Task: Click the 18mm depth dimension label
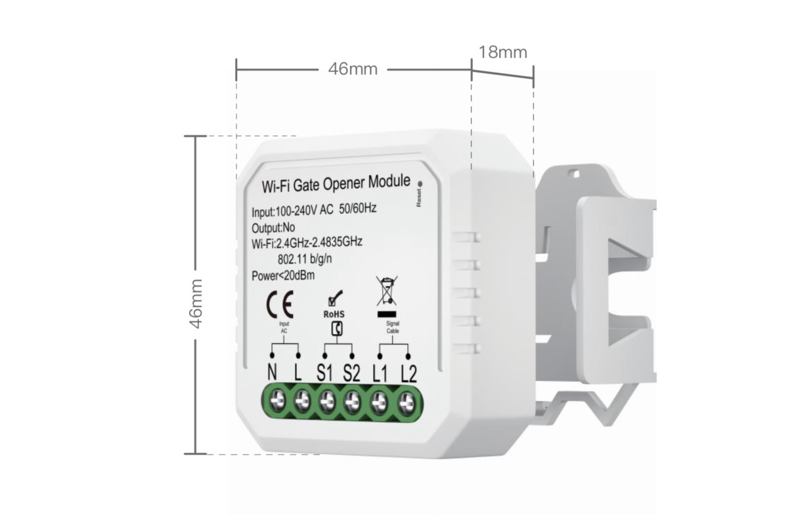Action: click(503, 52)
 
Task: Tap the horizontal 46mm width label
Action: click(353, 69)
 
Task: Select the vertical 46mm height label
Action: click(196, 303)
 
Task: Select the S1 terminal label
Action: click(324, 373)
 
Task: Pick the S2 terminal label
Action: click(352, 373)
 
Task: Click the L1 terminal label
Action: click(380, 373)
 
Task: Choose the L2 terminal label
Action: click(408, 373)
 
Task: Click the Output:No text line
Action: click(273, 228)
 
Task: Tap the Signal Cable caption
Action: click(393, 327)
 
